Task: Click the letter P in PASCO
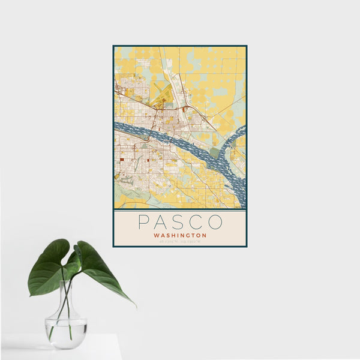click(x=143, y=222)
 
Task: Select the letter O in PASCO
click(x=216, y=222)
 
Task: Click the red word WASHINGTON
click(x=180, y=236)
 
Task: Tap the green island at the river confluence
click(x=214, y=152)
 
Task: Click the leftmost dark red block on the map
click(x=122, y=160)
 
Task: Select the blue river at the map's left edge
click(x=118, y=127)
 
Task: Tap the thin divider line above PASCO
click(x=180, y=211)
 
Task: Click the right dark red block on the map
click(x=147, y=160)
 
